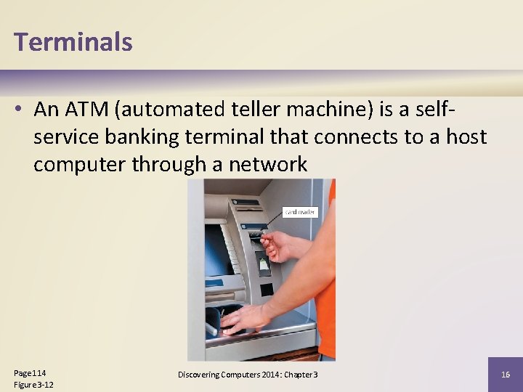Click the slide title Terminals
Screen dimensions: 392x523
point(73,42)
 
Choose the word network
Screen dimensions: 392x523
point(268,165)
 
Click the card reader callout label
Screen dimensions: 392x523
point(299,212)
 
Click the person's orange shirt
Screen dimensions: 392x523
point(326,290)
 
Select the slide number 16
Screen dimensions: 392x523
point(505,374)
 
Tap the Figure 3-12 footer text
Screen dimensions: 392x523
point(33,384)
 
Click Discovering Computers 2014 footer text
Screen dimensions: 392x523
point(247,374)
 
